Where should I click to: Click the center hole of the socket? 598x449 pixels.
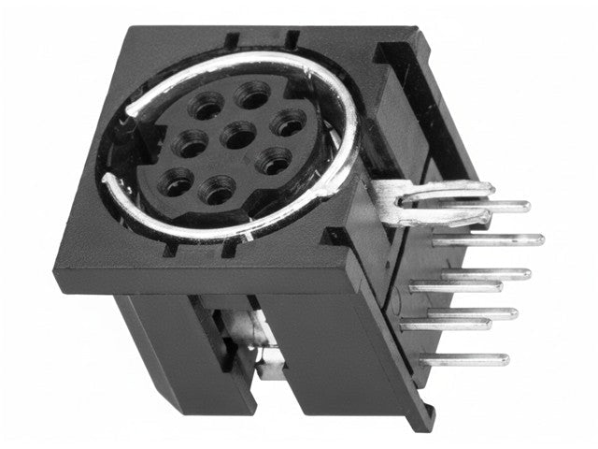pos(233,136)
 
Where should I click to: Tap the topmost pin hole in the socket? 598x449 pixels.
pos(249,94)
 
